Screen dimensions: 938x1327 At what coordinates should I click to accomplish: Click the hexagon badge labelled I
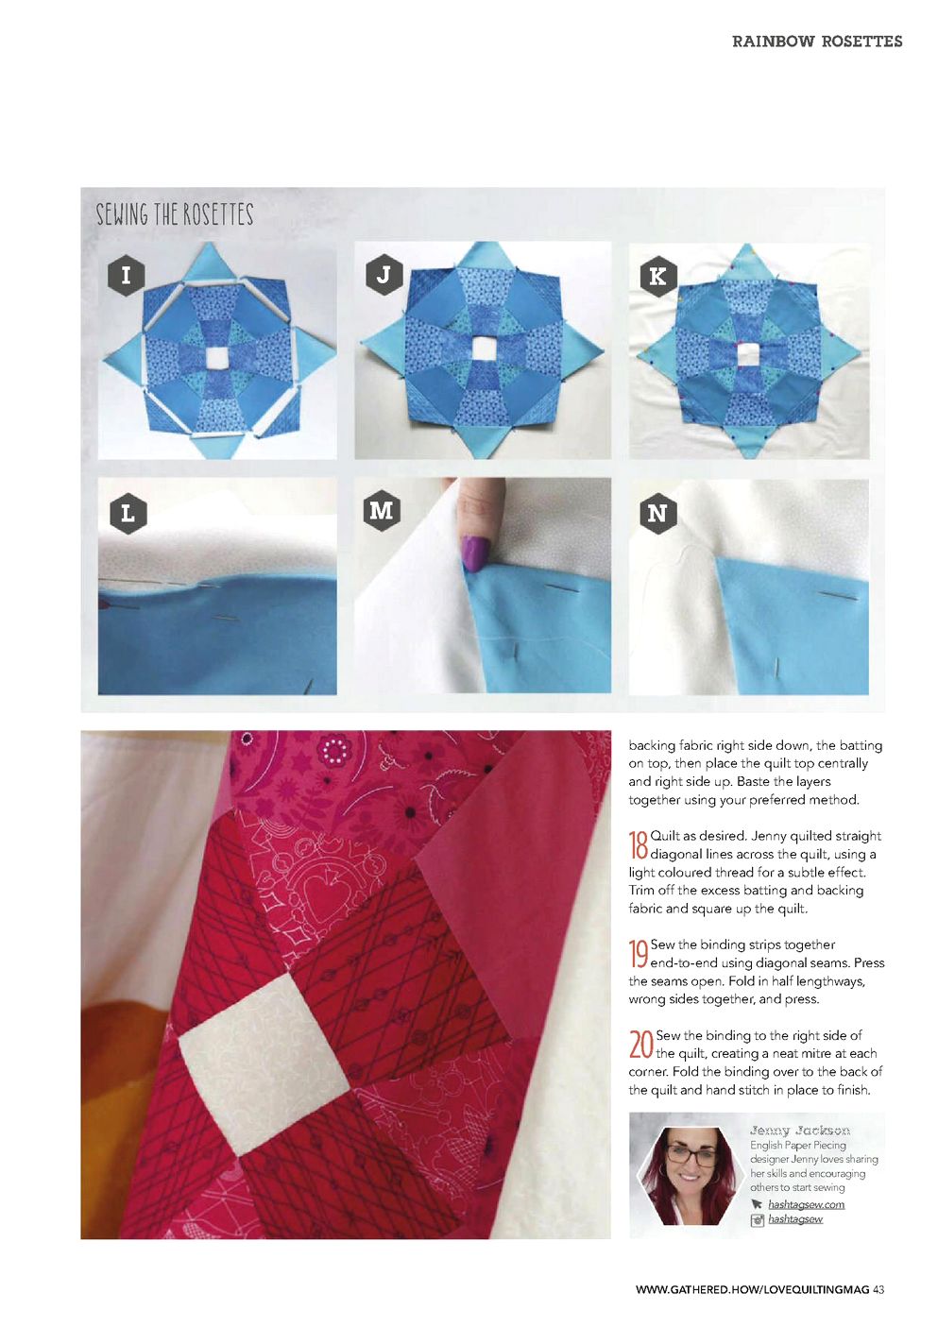point(127,276)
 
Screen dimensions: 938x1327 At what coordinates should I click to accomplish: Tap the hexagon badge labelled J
point(384,275)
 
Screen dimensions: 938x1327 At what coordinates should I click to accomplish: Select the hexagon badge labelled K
point(657,276)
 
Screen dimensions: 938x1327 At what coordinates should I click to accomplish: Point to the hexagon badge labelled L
point(128,514)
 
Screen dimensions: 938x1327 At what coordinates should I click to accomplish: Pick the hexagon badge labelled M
point(381,510)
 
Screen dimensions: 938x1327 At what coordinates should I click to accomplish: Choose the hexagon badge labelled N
point(657,513)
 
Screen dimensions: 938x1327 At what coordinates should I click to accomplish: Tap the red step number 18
point(639,845)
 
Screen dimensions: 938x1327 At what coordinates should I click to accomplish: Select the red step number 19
point(639,954)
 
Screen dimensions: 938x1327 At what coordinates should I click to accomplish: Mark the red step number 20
point(640,1045)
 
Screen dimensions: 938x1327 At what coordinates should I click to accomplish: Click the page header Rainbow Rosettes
point(817,42)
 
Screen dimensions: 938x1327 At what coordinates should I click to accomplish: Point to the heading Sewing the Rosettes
point(175,214)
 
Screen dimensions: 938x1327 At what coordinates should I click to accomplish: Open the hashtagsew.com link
point(806,1204)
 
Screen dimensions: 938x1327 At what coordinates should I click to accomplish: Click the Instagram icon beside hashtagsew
point(757,1219)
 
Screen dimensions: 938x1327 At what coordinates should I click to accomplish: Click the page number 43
point(878,1289)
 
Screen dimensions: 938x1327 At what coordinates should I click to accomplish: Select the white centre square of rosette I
point(217,357)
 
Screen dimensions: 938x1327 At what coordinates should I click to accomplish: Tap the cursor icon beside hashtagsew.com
point(757,1204)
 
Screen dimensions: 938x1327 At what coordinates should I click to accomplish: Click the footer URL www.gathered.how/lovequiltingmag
point(752,1289)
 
